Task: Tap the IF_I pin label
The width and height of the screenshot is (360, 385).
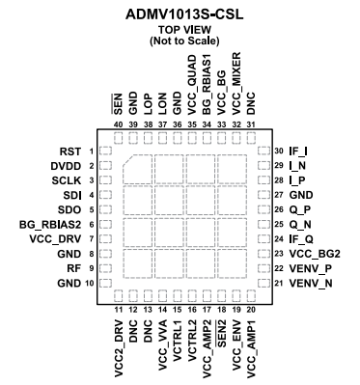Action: click(x=300, y=151)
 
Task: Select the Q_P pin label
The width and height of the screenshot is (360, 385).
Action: click(x=301, y=208)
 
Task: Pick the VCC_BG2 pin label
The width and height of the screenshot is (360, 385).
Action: click(x=313, y=253)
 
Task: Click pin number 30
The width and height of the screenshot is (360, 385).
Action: click(x=278, y=151)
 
